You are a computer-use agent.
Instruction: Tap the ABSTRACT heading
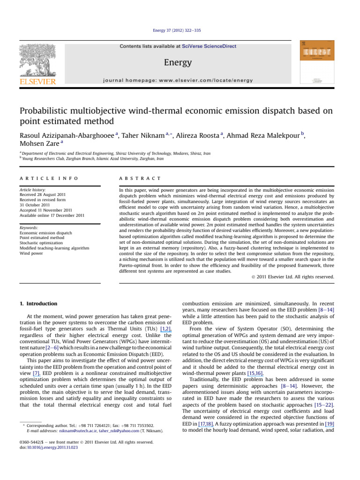coord(141,179)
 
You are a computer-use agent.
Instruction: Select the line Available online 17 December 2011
coord(52,216)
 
